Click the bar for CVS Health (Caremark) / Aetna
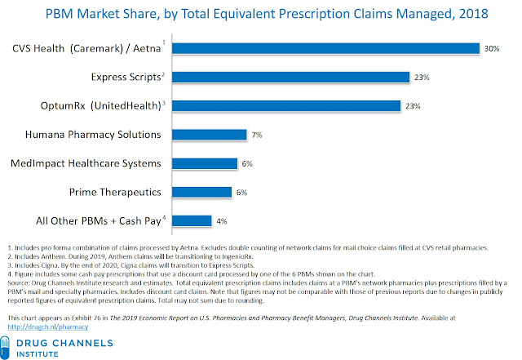(326, 48)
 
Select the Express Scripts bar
(291, 77)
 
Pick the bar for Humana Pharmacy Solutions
(210, 134)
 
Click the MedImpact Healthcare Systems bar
(206, 163)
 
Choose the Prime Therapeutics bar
(206, 192)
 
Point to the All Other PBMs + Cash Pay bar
(193, 220)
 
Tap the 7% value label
(257, 134)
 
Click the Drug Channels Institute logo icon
(17, 344)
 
